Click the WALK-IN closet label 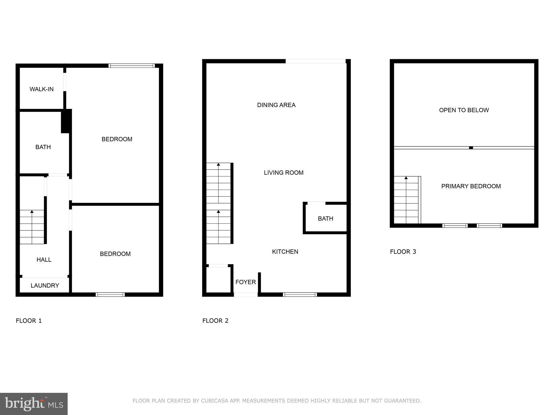(41, 89)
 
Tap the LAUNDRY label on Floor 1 (45, 286)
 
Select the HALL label (44, 260)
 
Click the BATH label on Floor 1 (43, 147)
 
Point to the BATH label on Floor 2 (325, 219)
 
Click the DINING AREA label (276, 105)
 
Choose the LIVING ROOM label (283, 173)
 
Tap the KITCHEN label (285, 252)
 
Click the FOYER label (245, 282)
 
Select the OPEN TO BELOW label (464, 110)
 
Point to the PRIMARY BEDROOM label (471, 186)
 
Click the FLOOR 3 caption (403, 252)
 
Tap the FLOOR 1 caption (29, 321)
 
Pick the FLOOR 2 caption (215, 321)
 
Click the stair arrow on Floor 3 (406, 178)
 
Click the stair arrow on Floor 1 (32, 212)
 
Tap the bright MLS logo (34, 404)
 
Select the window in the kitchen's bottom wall (300, 294)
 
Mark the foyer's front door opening (246, 294)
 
